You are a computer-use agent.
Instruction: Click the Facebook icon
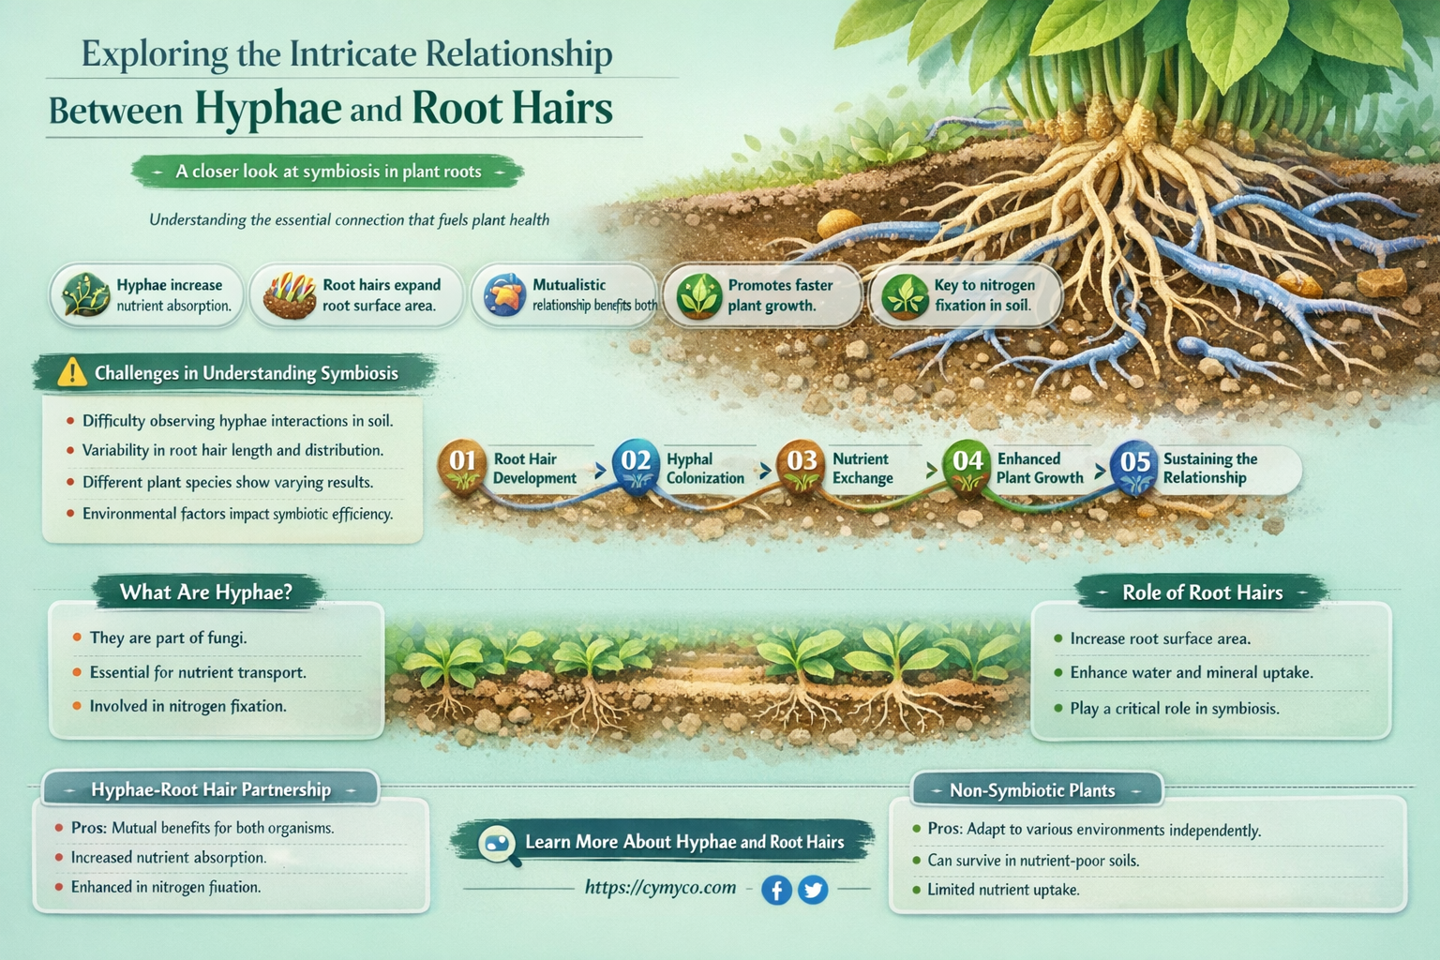776,889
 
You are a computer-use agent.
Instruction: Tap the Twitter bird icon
813,889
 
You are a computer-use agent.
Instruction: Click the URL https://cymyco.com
660,887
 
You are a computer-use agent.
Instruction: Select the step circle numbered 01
462,461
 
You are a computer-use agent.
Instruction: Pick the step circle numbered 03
802,461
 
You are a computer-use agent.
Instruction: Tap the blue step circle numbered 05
1134,462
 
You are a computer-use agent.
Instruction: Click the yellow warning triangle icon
71,373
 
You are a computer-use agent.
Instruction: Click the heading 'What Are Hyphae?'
206,592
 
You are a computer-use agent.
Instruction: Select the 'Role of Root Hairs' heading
1202,592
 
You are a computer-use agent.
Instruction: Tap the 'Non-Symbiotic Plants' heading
1032,790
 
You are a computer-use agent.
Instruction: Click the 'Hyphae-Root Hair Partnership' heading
211,789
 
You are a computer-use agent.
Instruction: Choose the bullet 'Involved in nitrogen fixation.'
187,706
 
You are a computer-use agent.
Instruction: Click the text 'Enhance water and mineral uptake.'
1191,673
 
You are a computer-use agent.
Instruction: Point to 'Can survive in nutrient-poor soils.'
1033,860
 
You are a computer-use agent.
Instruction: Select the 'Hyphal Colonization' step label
704,469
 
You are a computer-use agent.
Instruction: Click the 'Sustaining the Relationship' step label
1209,469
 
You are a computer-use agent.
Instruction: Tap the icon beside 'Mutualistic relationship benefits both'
504,295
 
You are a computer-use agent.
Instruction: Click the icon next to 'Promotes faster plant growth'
698,295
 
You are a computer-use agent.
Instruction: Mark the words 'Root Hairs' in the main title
512,109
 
